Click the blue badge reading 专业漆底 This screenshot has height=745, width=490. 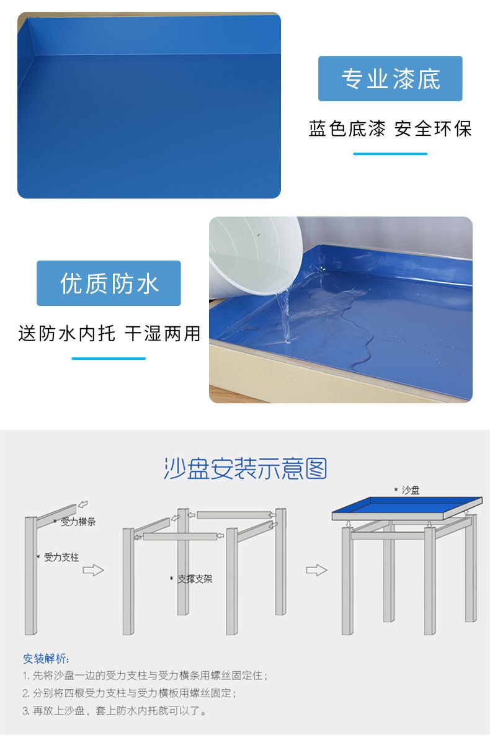pyautogui.click(x=390, y=79)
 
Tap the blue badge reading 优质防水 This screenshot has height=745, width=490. pyautogui.click(x=109, y=283)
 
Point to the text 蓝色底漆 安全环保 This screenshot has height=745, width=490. pyautogui.click(x=390, y=128)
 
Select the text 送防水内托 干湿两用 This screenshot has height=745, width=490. pyautogui.click(x=109, y=333)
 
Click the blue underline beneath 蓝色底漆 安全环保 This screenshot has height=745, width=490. pyautogui.click(x=390, y=154)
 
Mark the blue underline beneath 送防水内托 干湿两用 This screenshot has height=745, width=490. pyautogui.click(x=109, y=358)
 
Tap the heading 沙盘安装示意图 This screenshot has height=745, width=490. pyautogui.click(x=246, y=468)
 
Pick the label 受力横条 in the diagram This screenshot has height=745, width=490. pyautogui.click(x=78, y=522)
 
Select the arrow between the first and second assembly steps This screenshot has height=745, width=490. pyautogui.click(x=93, y=570)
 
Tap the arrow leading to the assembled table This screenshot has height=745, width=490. pyautogui.click(x=316, y=570)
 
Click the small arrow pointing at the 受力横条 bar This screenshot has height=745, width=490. pyautogui.click(x=83, y=504)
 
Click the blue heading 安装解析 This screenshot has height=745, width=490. pyautogui.click(x=46, y=659)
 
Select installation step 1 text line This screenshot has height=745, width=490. pyautogui.click(x=145, y=676)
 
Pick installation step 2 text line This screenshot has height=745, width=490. pyautogui.click(x=130, y=693)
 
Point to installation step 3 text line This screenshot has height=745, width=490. pyautogui.click(x=114, y=711)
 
